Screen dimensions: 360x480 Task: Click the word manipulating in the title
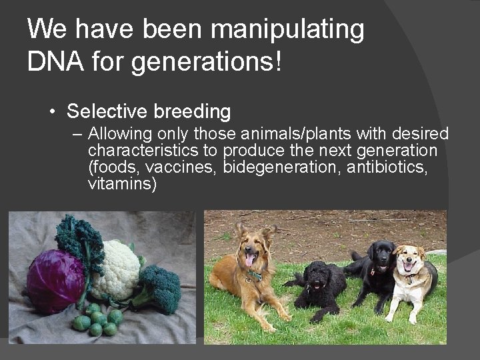coord(288,29)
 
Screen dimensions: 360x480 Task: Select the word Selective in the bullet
coord(107,111)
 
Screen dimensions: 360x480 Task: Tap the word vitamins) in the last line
coord(122,183)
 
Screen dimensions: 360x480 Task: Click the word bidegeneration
coord(283,166)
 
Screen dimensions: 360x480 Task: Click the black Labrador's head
coord(383,255)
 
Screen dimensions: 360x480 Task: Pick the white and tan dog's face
coord(407,261)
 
